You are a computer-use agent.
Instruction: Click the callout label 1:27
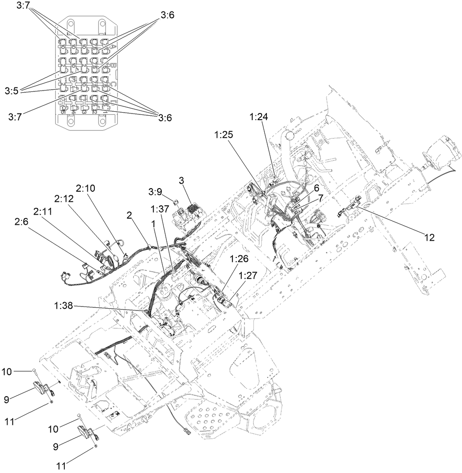tap(248, 275)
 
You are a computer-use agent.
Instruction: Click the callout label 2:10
tap(85, 188)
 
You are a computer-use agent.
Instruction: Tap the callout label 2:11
tap(43, 211)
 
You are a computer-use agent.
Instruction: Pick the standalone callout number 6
tap(316, 188)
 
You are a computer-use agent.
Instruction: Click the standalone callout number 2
tap(130, 215)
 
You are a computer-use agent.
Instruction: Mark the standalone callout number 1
tap(153, 223)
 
